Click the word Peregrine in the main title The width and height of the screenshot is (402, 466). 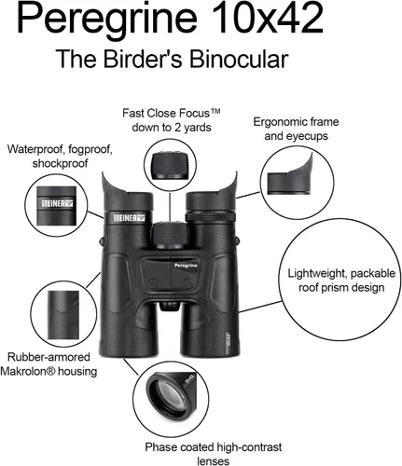point(106,18)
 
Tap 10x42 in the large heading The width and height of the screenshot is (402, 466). point(269,17)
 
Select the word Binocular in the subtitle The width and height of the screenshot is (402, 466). point(239,59)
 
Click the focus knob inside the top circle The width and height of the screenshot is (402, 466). point(170,165)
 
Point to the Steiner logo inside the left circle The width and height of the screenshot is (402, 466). point(57,203)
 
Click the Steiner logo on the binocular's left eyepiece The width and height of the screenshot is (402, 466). point(129,218)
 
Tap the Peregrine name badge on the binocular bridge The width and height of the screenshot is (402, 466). point(186,266)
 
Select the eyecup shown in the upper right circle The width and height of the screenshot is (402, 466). point(290,178)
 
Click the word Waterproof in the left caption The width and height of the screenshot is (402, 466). point(35,149)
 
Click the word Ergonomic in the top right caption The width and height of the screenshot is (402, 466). point(279,122)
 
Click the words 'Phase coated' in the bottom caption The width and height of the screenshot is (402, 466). point(179,447)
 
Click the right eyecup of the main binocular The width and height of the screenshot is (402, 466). point(212,192)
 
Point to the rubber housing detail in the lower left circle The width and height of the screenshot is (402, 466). point(63,315)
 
